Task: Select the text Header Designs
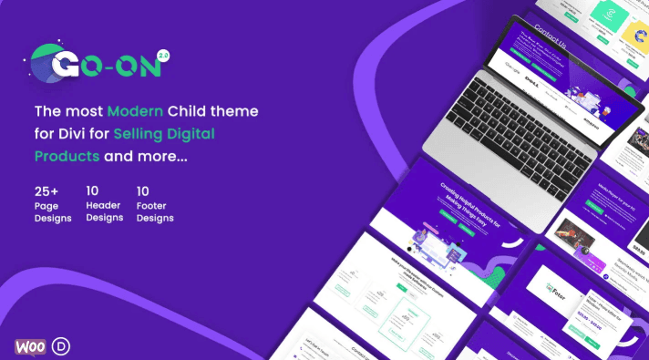pyautogui.click(x=104, y=212)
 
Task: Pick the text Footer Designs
pyautogui.click(x=155, y=212)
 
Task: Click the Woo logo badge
pyautogui.click(x=31, y=345)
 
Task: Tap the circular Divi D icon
pyautogui.click(x=60, y=345)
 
